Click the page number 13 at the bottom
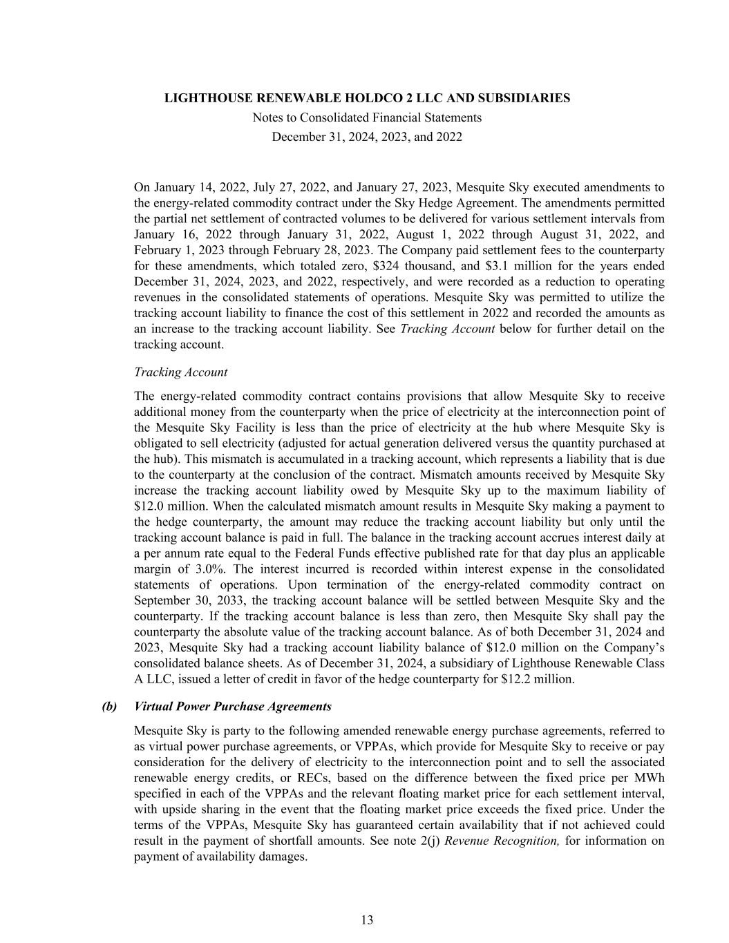tap(367, 920)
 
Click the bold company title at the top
tap(367, 98)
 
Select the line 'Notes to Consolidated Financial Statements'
tap(367, 117)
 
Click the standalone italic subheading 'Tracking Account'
tap(180, 372)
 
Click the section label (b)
tap(109, 707)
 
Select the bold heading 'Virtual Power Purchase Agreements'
tap(233, 707)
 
